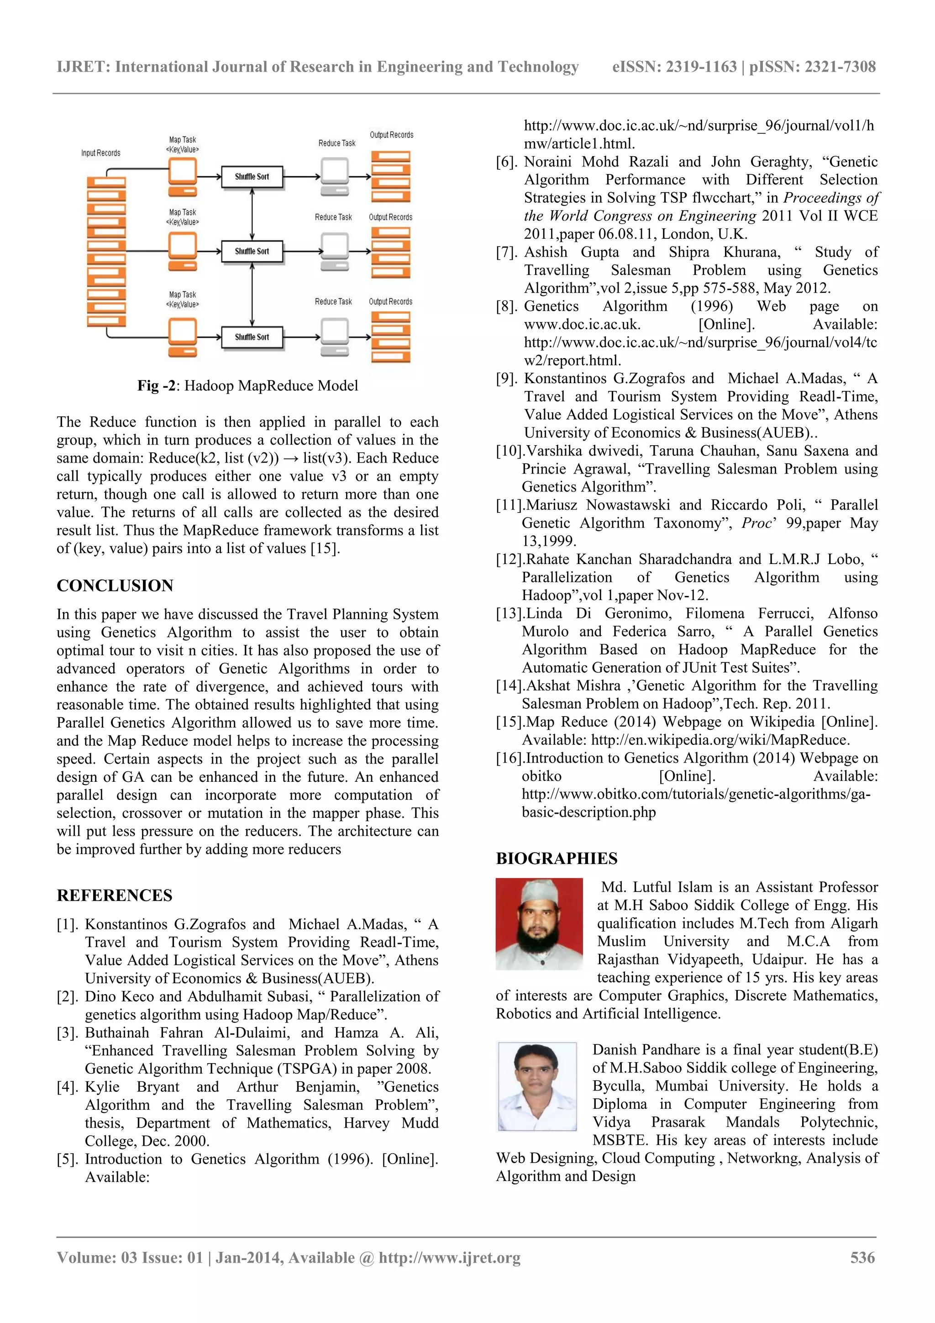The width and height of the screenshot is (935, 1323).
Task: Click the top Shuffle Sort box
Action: [252, 177]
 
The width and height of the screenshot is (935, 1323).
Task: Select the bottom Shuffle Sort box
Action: [252, 337]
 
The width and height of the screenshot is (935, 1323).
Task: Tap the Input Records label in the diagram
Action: [101, 153]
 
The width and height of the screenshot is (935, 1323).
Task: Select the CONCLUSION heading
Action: [115, 585]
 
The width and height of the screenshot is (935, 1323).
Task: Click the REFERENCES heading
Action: [114, 896]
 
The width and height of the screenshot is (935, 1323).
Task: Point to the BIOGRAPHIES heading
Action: [557, 859]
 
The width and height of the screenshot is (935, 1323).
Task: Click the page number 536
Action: [862, 1257]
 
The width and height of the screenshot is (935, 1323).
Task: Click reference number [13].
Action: [509, 614]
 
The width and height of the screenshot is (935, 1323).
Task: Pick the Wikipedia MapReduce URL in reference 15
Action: [720, 740]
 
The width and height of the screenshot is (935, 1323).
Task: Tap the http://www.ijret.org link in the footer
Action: [449, 1257]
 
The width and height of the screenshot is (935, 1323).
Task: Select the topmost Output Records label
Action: [391, 135]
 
